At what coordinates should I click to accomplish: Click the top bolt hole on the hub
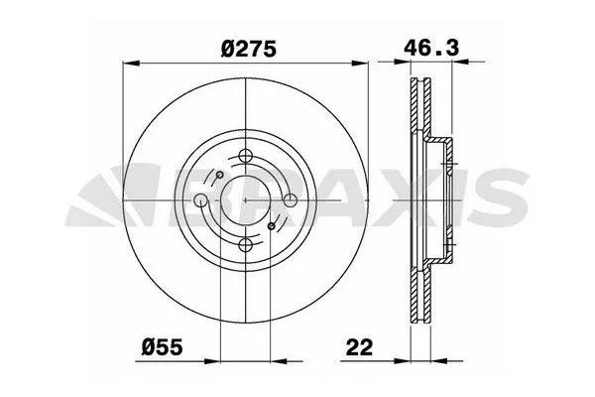point(245,156)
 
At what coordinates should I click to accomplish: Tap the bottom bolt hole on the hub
point(245,245)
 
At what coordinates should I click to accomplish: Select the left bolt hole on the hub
point(201,200)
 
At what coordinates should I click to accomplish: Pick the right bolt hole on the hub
point(290,200)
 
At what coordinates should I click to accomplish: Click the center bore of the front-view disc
point(245,200)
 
